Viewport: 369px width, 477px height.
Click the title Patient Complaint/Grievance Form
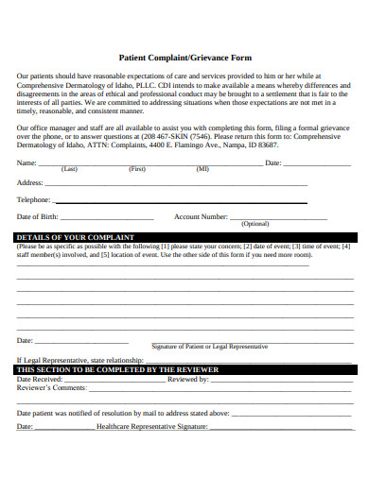pyautogui.click(x=184, y=56)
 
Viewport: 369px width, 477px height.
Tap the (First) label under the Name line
pyautogui.click(x=137, y=170)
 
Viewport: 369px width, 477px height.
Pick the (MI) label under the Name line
pyautogui.click(x=202, y=170)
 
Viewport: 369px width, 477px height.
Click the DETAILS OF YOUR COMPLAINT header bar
pyautogui.click(x=184, y=237)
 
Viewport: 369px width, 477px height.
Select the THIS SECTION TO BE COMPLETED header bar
pyautogui.click(x=184, y=369)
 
